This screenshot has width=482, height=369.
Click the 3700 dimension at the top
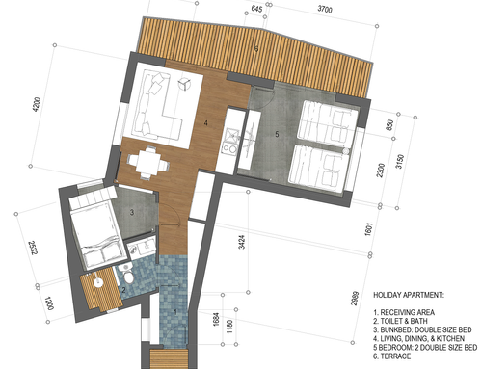pyautogui.click(x=325, y=9)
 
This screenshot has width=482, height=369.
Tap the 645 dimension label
pyautogui.click(x=256, y=9)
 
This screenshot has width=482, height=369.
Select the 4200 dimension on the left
pyautogui.click(x=37, y=104)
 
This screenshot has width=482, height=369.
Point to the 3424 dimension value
pyautogui.click(x=242, y=242)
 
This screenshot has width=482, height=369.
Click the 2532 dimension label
pyautogui.click(x=34, y=249)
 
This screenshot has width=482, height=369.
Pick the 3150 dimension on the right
pyautogui.click(x=400, y=162)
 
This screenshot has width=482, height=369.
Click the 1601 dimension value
pyautogui.click(x=368, y=229)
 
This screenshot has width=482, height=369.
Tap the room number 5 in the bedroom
pyautogui.click(x=277, y=134)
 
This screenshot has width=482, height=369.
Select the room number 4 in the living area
pyautogui.click(x=206, y=122)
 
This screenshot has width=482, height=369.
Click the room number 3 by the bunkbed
pyautogui.click(x=132, y=212)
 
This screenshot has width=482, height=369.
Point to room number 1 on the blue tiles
pyautogui.click(x=175, y=311)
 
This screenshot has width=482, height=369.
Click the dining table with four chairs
pyautogui.click(x=148, y=163)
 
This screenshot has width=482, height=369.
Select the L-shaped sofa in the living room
pyautogui.click(x=158, y=105)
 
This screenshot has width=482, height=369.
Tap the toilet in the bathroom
pyautogui.click(x=128, y=274)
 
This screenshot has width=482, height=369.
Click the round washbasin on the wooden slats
pyautogui.click(x=98, y=281)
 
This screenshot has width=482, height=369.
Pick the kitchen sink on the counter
pyautogui.click(x=231, y=136)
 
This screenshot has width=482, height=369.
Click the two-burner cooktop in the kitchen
pyautogui.click(x=230, y=148)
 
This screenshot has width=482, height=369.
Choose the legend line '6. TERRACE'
pyautogui.click(x=392, y=356)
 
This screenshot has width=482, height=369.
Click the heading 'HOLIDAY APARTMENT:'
pyautogui.click(x=409, y=295)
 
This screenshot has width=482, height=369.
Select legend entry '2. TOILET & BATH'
pyautogui.click(x=400, y=321)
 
